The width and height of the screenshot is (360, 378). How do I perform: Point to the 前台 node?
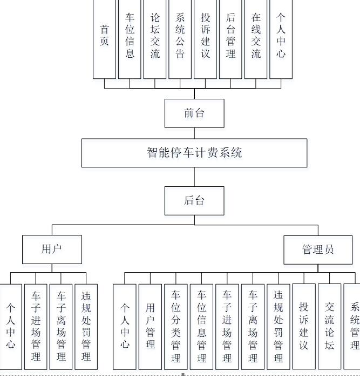[194, 113]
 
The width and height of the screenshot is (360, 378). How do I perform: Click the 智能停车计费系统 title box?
[194, 153]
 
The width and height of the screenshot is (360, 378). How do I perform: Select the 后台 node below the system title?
[194, 200]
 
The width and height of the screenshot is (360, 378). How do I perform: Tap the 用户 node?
[52, 249]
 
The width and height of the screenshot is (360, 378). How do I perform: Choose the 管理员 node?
[318, 249]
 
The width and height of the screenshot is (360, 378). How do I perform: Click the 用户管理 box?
[150, 326]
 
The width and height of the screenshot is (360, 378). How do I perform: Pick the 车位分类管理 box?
[176, 326]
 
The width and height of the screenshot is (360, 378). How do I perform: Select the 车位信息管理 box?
[201, 326]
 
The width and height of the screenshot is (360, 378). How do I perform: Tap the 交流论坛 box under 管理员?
[329, 326]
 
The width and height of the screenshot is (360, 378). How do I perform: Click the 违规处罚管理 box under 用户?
[86, 326]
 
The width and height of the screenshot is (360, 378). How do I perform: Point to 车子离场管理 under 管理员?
[253, 326]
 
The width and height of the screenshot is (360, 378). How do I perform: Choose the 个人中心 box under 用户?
[11, 326]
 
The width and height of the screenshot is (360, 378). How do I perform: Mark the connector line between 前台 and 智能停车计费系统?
[194, 133]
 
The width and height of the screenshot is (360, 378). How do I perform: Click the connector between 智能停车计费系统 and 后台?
[194, 177]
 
